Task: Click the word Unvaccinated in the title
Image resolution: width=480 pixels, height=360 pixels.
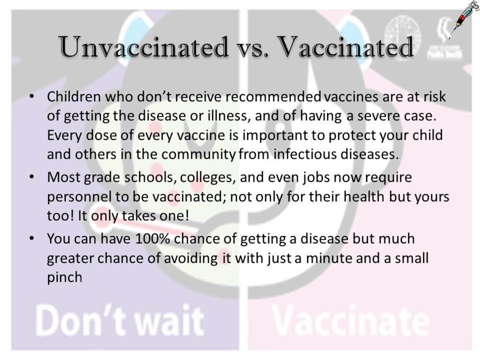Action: coord(144,47)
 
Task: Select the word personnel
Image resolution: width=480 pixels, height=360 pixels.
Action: coord(76,197)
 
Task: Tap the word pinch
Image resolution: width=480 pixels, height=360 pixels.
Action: coord(64,277)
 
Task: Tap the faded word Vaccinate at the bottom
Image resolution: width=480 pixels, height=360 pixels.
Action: coord(350,321)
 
